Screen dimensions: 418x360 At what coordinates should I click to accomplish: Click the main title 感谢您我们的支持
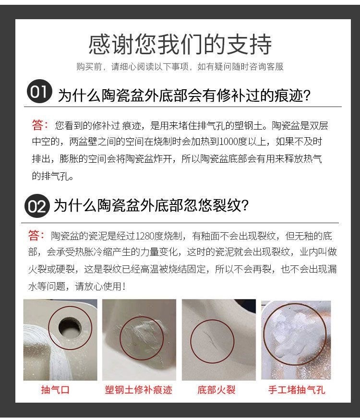pyautogui.click(x=180, y=45)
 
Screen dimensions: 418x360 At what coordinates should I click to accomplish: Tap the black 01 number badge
pyautogui.click(x=39, y=93)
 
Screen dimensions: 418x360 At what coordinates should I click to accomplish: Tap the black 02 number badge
pyautogui.click(x=37, y=207)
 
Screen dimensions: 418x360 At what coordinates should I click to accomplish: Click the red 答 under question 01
pyautogui.click(x=40, y=126)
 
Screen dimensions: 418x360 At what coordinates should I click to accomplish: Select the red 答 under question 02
pyautogui.click(x=36, y=236)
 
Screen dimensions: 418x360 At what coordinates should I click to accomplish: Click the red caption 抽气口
pyautogui.click(x=55, y=390)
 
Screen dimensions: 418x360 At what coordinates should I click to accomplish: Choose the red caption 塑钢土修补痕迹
pyautogui.click(x=138, y=390)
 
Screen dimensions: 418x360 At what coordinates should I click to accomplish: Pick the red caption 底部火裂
pyautogui.click(x=216, y=390)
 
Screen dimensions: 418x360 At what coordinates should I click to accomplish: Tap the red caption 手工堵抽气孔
pyautogui.click(x=296, y=390)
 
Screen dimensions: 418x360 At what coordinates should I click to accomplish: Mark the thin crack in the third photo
pyautogui.click(x=210, y=336)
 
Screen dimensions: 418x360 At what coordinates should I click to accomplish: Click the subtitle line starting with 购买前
pyautogui.click(x=180, y=67)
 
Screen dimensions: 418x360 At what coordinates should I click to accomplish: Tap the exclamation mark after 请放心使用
pyautogui.click(x=124, y=287)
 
